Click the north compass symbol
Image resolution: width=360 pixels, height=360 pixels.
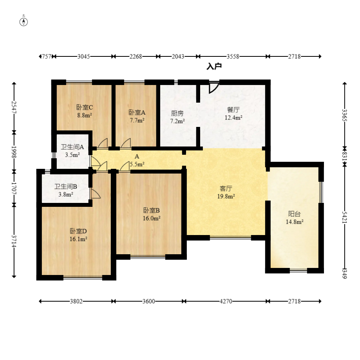pos(24,22)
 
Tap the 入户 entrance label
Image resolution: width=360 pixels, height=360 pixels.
pos(214,66)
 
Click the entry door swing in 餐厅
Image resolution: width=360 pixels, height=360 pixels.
pos(213,88)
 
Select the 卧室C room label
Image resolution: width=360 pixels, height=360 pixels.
pos(85,107)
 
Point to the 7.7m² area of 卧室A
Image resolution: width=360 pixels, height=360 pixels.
pos(137,120)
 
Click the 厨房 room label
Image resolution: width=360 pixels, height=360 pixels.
pos(177,113)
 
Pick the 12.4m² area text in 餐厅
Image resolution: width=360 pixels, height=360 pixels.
pos(233,118)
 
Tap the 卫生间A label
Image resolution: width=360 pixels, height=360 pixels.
pos(72,147)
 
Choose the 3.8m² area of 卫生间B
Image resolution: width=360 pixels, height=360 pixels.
pos(66,194)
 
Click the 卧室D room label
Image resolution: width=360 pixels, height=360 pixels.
pos(78,231)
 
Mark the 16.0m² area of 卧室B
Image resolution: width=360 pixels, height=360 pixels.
pos(152,218)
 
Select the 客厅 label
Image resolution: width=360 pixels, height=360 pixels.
pos(226,188)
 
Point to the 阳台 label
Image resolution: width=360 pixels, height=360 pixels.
pos(295,214)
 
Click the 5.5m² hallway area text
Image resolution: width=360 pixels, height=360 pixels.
pos(137,164)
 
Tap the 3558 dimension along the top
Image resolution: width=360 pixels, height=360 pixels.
pos(233,56)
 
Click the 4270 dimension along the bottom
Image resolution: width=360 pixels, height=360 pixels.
pos(226,301)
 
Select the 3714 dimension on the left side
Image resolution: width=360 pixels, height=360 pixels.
pos(14,241)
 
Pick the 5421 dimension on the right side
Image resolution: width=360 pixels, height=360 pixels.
pos(344,217)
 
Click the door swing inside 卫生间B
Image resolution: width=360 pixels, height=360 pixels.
pos(95,193)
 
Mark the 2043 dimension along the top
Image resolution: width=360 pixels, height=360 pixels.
pos(178,56)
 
